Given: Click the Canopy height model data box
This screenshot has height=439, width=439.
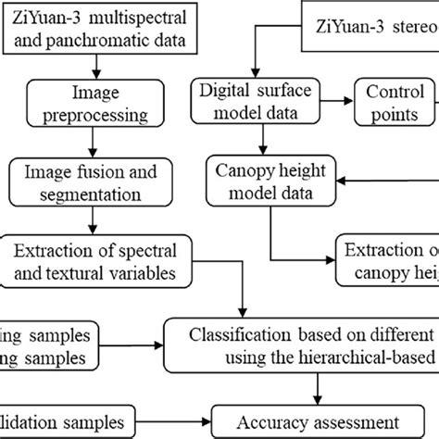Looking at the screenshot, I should click(x=270, y=182).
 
